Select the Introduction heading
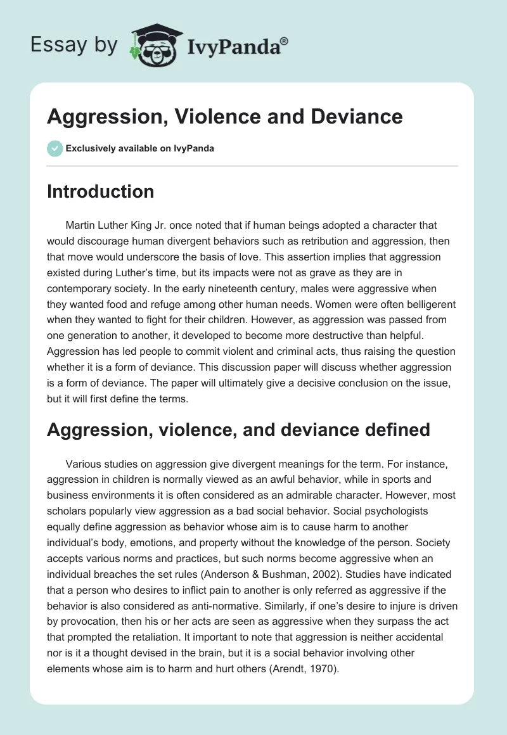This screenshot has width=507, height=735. pos(100,191)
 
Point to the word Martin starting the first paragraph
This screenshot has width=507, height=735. pos(80,225)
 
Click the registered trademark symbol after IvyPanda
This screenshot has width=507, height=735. pos(285,41)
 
